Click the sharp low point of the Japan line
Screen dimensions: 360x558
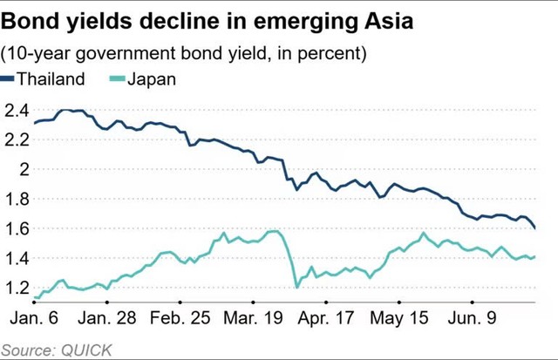pyautogui.click(x=297, y=287)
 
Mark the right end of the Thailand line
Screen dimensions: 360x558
pyautogui.click(x=535, y=228)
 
